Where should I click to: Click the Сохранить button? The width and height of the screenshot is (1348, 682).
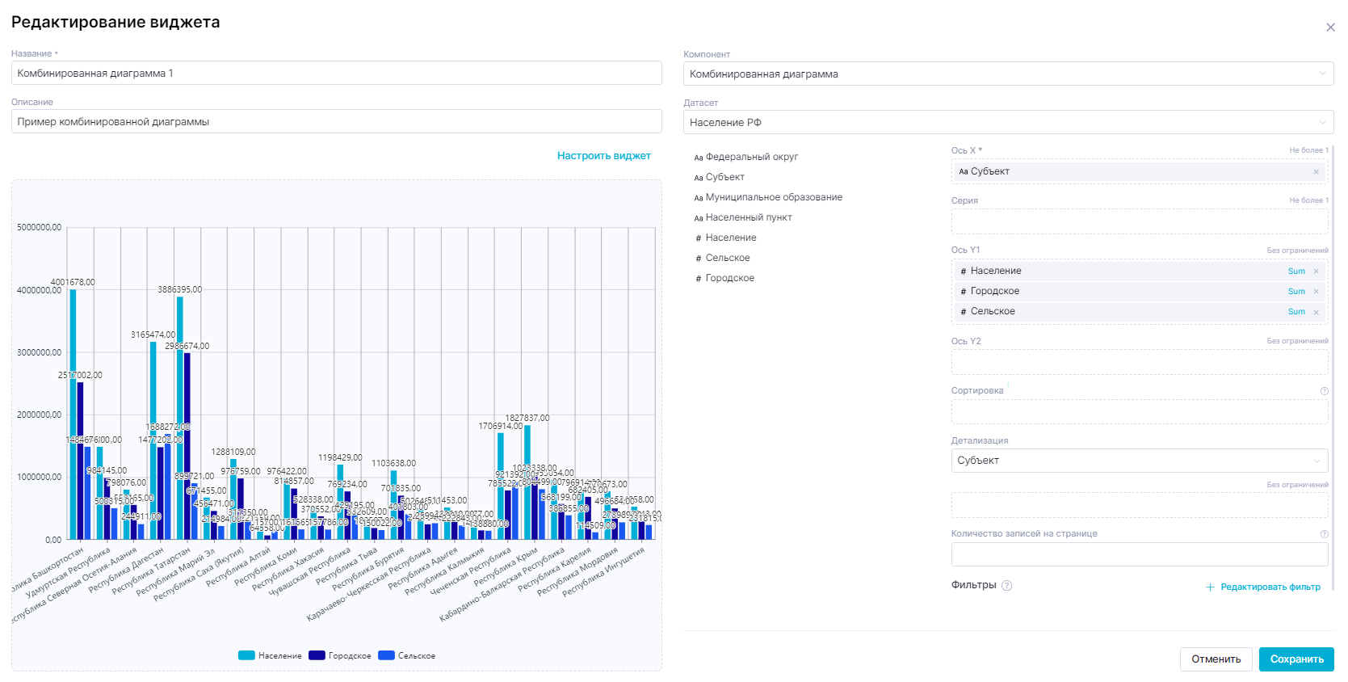coord(1296,659)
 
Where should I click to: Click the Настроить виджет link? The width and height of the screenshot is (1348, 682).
coord(603,156)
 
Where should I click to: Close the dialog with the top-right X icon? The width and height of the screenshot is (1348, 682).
coord(1330,27)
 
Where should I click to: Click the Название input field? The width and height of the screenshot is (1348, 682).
coord(336,74)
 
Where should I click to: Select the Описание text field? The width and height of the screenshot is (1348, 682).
coord(336,122)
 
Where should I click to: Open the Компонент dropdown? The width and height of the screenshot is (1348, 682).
coord(1007,74)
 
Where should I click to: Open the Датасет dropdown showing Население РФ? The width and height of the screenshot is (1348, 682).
coord(1007,123)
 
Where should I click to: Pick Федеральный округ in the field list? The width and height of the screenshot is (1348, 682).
coord(751,157)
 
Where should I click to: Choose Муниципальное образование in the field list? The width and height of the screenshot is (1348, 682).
coord(773,197)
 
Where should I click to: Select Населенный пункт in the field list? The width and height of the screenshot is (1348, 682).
coord(748,217)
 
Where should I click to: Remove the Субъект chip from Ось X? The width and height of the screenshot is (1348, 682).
coord(1316,172)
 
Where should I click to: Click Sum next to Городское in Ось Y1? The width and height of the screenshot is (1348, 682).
coord(1296,292)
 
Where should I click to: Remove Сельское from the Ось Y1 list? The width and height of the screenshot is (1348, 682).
coord(1316,312)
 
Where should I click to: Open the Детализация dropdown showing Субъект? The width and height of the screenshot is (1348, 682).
coord(1139,461)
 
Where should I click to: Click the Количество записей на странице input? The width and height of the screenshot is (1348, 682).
coord(1139,554)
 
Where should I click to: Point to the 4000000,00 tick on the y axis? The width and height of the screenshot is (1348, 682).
coord(39,290)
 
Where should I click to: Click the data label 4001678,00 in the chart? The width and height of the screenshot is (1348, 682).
coord(73,283)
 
